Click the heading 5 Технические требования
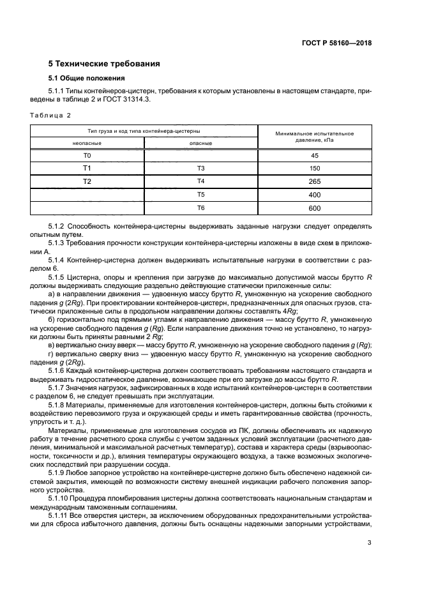104,64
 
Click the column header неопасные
87,144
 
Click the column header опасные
200,144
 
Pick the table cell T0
87,156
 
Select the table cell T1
87,169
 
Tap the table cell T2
87,181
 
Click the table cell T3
200,169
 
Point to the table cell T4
200,181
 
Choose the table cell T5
200,194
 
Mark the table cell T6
200,208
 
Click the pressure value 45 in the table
314,156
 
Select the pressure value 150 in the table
314,169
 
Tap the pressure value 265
314,181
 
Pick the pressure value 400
314,194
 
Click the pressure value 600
314,208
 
